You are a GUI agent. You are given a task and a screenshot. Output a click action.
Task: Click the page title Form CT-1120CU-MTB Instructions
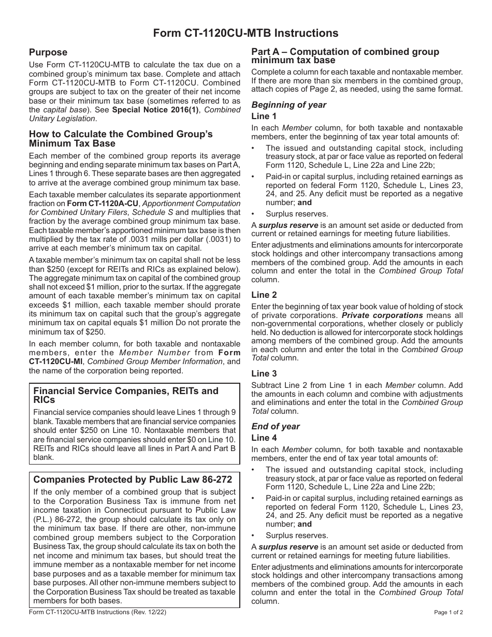(x=245, y=33)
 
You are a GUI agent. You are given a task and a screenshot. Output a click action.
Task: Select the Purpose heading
(x=48, y=52)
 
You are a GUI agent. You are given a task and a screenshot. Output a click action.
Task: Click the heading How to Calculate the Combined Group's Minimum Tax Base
(x=121, y=139)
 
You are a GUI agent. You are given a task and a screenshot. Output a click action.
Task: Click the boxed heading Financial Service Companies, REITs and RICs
(x=126, y=395)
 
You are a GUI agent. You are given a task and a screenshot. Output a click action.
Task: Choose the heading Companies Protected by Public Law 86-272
(x=133, y=480)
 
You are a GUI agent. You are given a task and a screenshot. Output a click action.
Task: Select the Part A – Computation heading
(x=345, y=56)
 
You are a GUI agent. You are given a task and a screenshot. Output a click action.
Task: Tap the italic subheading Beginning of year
(x=289, y=105)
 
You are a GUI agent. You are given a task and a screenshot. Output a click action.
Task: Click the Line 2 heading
(x=264, y=295)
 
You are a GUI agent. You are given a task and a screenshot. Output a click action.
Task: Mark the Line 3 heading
(x=264, y=373)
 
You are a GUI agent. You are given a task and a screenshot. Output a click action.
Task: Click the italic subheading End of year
(x=276, y=427)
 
